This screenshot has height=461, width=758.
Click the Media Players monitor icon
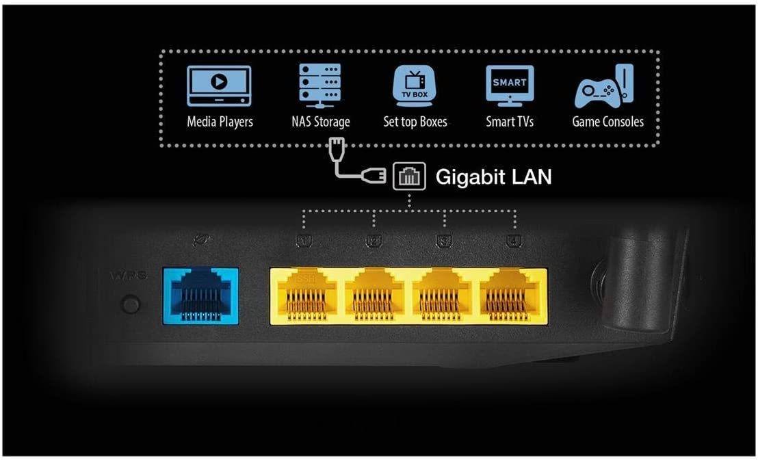coord(219,85)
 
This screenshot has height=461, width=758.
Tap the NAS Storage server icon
coord(319,86)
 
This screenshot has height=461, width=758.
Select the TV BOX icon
coord(415,86)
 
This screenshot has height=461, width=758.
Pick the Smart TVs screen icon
coord(510,86)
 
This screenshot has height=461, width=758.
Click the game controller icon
coord(605,88)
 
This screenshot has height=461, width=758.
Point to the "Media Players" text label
coord(220,122)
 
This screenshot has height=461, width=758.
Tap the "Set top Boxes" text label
coord(415,122)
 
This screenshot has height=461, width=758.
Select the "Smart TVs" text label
coord(510,122)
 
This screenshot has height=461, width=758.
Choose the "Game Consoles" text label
coord(607,122)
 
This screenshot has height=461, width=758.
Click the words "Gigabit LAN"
coord(493,178)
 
